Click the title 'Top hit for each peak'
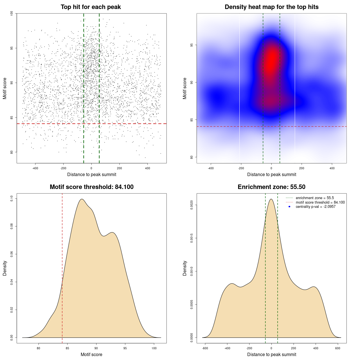(91, 7)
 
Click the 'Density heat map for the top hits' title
(271, 7)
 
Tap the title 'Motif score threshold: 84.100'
(91, 187)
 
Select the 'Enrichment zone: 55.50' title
(271, 187)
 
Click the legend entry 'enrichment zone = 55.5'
(315, 198)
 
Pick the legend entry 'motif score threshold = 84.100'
(320, 202)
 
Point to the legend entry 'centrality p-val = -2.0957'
(316, 207)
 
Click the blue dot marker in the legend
(289, 207)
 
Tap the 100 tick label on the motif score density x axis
(154, 348)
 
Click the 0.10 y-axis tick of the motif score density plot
(12, 199)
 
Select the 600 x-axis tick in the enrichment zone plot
(338, 348)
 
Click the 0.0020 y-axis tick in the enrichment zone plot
(192, 205)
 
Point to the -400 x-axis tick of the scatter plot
(35, 168)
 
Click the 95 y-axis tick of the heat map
(192, 45)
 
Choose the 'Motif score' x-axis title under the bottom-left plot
(91, 354)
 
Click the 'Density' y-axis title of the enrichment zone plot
(185, 268)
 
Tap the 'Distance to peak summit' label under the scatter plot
(92, 174)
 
